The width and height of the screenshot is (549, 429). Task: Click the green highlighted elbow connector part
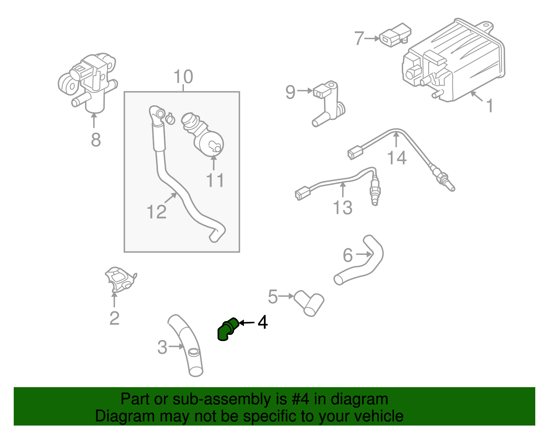coord(226,329)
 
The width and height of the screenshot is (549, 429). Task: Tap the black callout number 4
coord(262,322)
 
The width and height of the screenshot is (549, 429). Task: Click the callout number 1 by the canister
coord(490,105)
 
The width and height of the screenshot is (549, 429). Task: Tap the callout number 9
coord(290,92)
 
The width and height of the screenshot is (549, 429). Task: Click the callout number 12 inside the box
coord(156,212)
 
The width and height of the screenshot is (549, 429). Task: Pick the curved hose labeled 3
coord(187,343)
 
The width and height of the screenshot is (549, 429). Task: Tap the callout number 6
coord(348,255)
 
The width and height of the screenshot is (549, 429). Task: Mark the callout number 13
coord(342,207)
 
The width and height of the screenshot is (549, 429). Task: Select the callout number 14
coord(397,158)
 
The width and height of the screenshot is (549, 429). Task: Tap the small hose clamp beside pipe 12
coord(170,118)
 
